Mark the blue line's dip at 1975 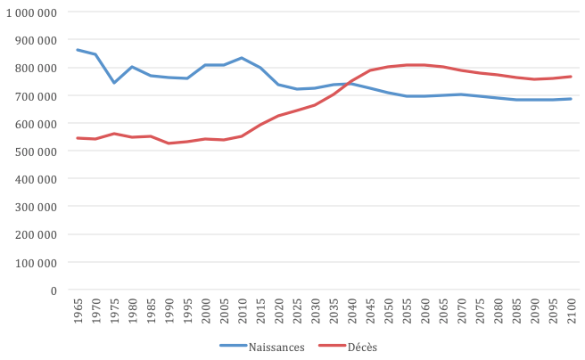click(x=113, y=83)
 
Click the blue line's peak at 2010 click(x=242, y=58)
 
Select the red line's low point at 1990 click(x=169, y=143)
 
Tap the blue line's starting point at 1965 click(x=77, y=50)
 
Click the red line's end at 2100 click(x=571, y=77)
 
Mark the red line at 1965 click(x=77, y=138)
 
